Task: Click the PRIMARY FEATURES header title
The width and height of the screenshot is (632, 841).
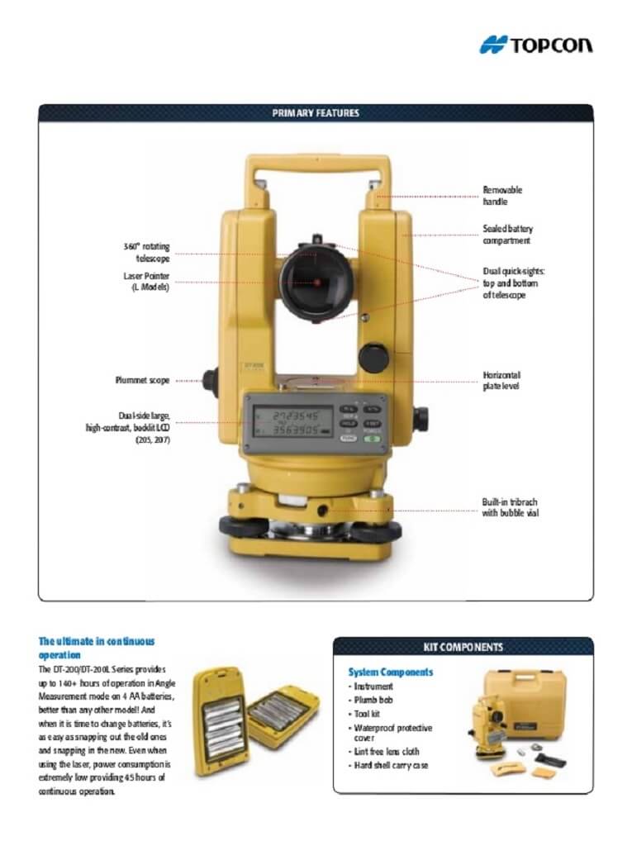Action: (316, 113)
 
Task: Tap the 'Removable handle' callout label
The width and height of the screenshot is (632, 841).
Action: (502, 196)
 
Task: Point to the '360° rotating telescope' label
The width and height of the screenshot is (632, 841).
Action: (147, 253)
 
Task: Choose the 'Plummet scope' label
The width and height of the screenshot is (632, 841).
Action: (142, 381)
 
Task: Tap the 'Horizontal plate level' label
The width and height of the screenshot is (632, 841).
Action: (501, 381)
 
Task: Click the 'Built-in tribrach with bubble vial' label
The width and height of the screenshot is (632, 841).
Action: (510, 507)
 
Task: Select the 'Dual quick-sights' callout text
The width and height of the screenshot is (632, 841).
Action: (514, 283)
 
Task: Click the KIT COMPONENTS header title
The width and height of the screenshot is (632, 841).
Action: (463, 647)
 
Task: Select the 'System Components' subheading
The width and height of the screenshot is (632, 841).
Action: (390, 672)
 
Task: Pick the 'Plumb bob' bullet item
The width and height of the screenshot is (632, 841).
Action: (373, 700)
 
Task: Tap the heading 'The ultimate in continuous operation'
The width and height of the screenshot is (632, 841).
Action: (97, 647)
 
